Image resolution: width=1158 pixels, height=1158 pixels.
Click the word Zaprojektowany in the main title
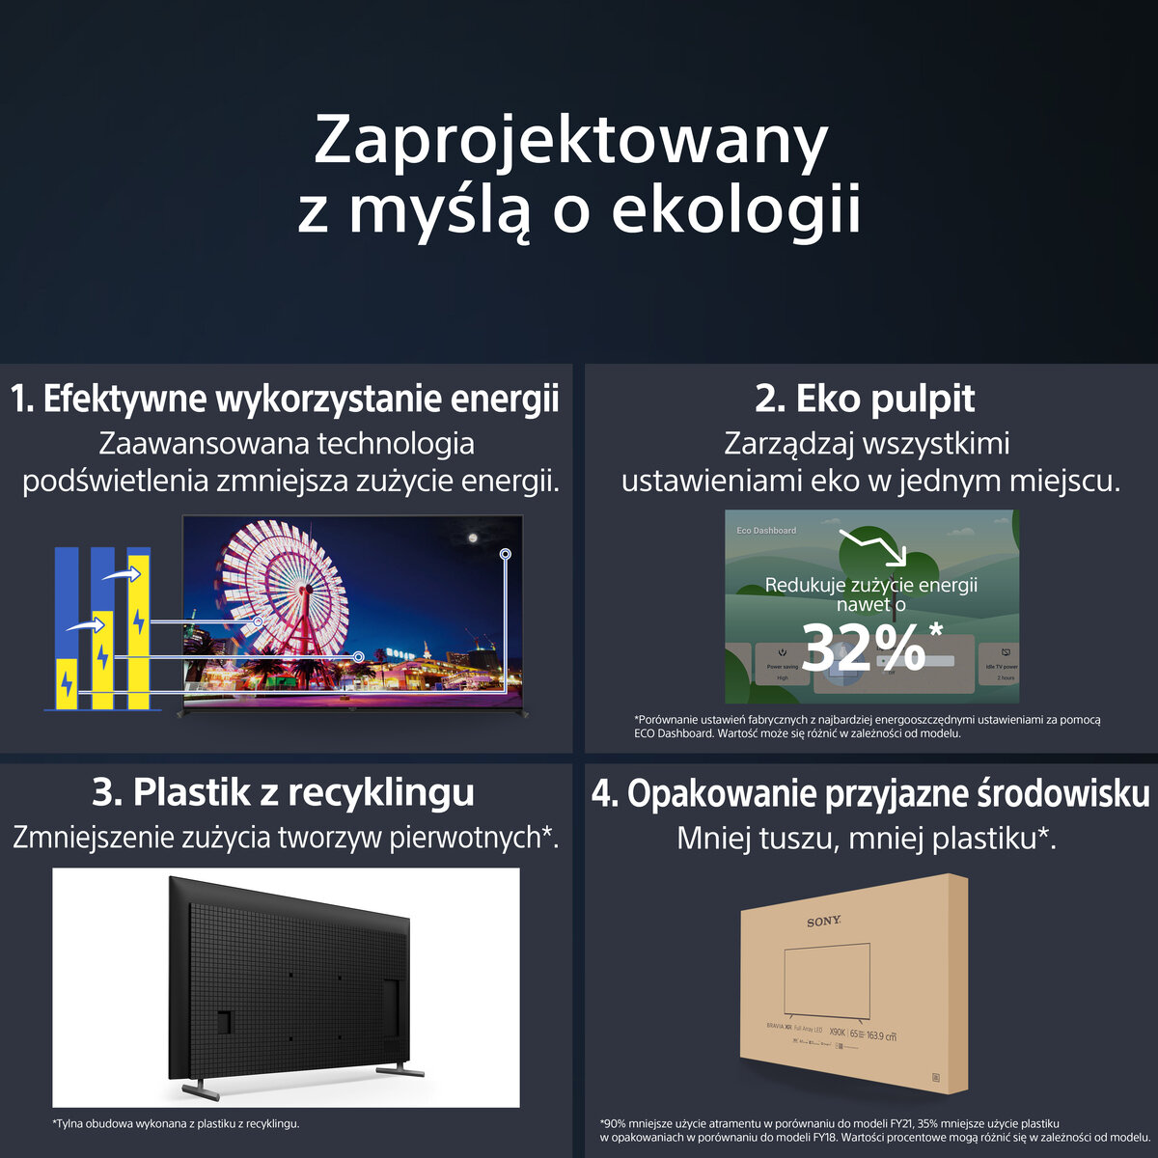571,142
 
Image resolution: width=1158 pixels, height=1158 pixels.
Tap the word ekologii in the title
735,210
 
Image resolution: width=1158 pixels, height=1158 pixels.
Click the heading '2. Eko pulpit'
865,399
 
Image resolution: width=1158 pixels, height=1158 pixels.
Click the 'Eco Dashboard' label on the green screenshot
766,531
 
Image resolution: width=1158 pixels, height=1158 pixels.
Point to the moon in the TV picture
473,538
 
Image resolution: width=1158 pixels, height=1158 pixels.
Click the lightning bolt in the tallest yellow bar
139,620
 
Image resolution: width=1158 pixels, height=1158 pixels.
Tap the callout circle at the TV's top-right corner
505,554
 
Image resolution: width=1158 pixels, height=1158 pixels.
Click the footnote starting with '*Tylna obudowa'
176,1123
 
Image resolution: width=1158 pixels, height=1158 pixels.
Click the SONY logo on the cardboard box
824,923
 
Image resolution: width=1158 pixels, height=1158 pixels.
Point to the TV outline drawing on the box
828,979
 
